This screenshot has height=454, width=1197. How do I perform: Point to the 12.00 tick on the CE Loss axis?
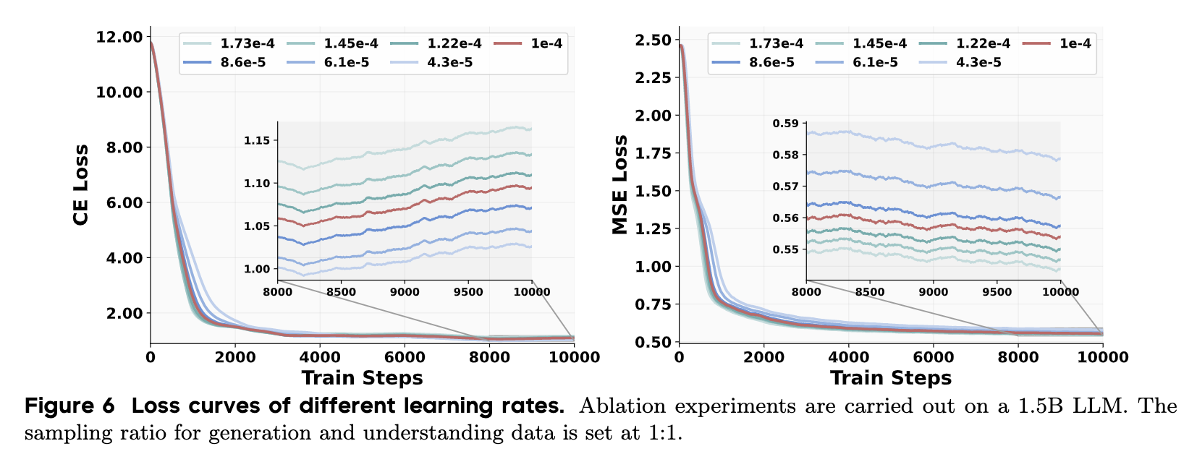tap(119, 37)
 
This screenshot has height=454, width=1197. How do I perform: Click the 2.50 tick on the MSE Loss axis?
tap(653, 40)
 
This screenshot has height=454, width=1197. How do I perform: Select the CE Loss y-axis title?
tap(81, 184)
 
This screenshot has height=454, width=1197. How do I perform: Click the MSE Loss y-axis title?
tap(619, 184)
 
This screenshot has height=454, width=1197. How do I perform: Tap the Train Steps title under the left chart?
tap(362, 378)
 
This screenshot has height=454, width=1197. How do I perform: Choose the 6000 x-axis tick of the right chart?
tap(934, 357)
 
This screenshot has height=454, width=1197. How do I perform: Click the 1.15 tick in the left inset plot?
tap(256, 140)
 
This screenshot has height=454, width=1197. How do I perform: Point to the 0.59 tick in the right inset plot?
tap(785, 124)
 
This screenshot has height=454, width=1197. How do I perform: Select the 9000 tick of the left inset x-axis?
tap(405, 292)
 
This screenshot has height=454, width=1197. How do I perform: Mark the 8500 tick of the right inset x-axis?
tap(870, 292)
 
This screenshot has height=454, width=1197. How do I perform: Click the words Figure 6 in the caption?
tap(69, 406)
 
